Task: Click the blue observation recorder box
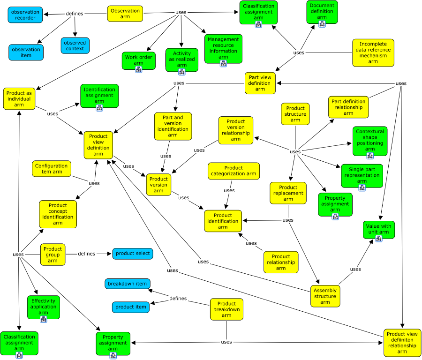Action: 25,15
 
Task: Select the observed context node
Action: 75,45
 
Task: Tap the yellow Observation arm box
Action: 124,14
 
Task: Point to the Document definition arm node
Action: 322,12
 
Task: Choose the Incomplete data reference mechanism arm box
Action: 373,52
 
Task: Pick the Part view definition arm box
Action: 260,83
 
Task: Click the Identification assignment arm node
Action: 99,96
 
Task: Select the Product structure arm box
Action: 295,114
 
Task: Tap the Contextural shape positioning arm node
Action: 370,141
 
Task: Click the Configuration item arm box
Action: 52,169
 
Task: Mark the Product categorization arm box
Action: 234,171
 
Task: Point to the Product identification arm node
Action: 223,221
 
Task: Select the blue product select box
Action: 133,254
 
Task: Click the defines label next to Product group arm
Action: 86,254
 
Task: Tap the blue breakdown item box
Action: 127,284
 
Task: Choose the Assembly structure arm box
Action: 325,296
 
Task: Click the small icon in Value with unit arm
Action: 378,239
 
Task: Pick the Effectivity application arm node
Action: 43,307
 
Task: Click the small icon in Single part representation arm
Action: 362,188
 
